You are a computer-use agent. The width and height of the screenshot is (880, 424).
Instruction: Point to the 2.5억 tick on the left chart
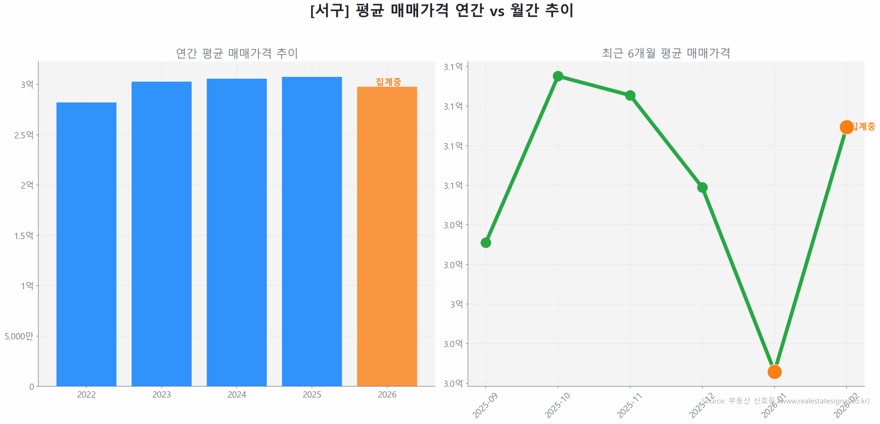click(x=24, y=135)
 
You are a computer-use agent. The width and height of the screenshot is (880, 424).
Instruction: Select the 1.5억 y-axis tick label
click(x=24, y=235)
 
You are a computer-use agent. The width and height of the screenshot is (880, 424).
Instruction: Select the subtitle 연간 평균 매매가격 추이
click(x=236, y=53)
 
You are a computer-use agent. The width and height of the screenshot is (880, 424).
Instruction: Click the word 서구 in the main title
click(x=329, y=10)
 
